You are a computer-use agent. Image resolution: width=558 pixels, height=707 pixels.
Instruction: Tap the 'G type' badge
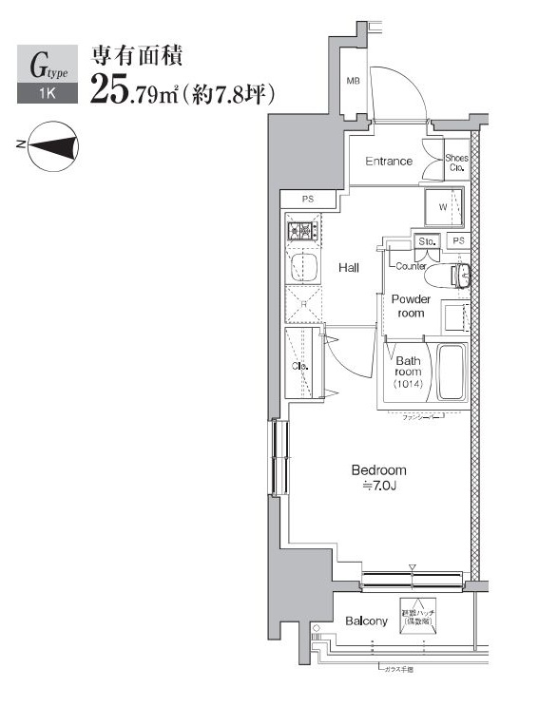(48, 66)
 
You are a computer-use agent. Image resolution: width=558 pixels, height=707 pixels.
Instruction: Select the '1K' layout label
(47, 94)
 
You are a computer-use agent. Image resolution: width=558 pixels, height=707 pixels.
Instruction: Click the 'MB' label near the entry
(353, 82)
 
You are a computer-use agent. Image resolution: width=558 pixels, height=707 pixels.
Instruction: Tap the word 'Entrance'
(389, 162)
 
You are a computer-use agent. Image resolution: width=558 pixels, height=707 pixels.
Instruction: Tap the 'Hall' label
(349, 269)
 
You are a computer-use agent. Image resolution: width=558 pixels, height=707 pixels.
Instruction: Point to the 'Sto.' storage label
(427, 241)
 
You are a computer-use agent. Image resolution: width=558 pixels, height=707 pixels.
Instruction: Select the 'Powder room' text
(411, 306)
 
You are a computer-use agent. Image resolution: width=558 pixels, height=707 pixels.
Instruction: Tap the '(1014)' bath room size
(410, 385)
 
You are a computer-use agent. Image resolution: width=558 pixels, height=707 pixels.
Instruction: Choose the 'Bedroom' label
(378, 470)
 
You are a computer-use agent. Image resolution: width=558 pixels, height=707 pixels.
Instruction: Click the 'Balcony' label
(366, 621)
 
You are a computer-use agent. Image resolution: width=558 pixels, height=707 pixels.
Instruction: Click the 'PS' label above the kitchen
(307, 199)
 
